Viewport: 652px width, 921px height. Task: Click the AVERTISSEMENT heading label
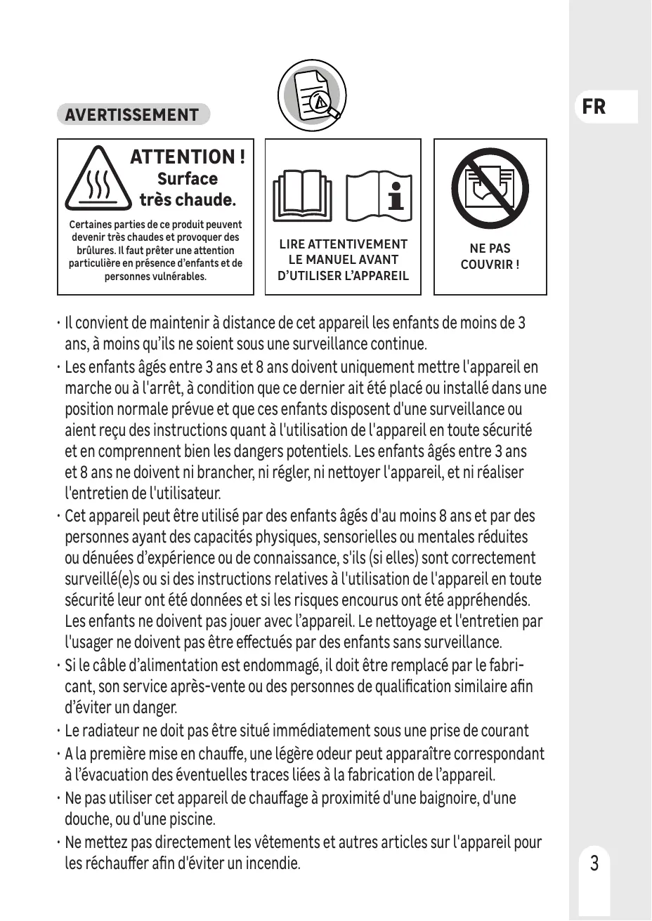coord(133,115)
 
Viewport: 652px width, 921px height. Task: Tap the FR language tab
coord(594,107)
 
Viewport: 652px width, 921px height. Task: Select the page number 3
coord(594,863)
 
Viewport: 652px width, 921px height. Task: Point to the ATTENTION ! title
coord(188,157)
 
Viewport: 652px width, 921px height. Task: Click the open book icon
coord(303,194)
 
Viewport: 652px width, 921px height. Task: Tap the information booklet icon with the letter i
coord(379,194)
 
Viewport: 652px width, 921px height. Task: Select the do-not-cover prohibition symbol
coord(490,190)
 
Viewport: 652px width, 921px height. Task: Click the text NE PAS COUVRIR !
coord(490,256)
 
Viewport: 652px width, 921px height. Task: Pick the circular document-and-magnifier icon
coord(309,95)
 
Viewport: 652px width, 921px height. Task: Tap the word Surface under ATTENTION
coord(188,179)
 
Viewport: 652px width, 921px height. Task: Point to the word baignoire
coord(442,798)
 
